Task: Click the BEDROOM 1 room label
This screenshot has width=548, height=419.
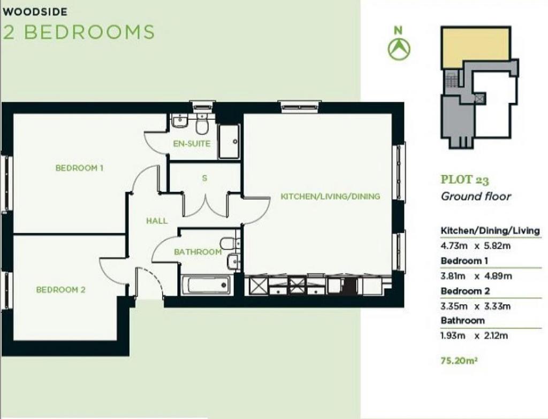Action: [79, 168]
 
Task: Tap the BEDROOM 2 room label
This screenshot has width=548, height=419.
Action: [61, 290]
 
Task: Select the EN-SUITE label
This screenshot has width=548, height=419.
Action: [192, 144]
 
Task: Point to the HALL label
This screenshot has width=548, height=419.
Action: [157, 221]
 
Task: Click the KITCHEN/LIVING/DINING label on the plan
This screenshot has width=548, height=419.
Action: [330, 197]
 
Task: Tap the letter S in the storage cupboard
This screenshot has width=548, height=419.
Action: [204, 178]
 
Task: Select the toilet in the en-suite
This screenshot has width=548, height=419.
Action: [202, 123]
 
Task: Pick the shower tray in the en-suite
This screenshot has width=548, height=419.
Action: [229, 142]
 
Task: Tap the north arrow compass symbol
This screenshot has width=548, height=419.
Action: [399, 49]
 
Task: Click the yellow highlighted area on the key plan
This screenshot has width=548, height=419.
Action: [475, 48]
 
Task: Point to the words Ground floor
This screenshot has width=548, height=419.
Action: [476, 196]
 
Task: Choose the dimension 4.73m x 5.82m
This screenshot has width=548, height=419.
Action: [476, 246]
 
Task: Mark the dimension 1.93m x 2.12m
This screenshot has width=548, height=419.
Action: [474, 336]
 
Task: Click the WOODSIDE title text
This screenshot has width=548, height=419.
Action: [35, 12]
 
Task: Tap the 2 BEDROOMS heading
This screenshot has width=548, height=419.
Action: [79, 32]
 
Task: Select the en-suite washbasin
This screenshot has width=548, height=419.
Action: [180, 121]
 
